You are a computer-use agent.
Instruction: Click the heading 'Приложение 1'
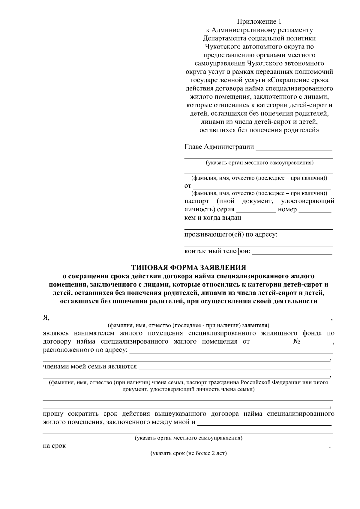[259, 22]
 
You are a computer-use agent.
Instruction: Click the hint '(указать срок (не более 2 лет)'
[188, 453]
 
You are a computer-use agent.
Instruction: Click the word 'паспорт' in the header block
[196, 201]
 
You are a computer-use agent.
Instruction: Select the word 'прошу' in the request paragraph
[53, 414]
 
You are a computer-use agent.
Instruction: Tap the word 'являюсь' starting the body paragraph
[56, 333]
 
